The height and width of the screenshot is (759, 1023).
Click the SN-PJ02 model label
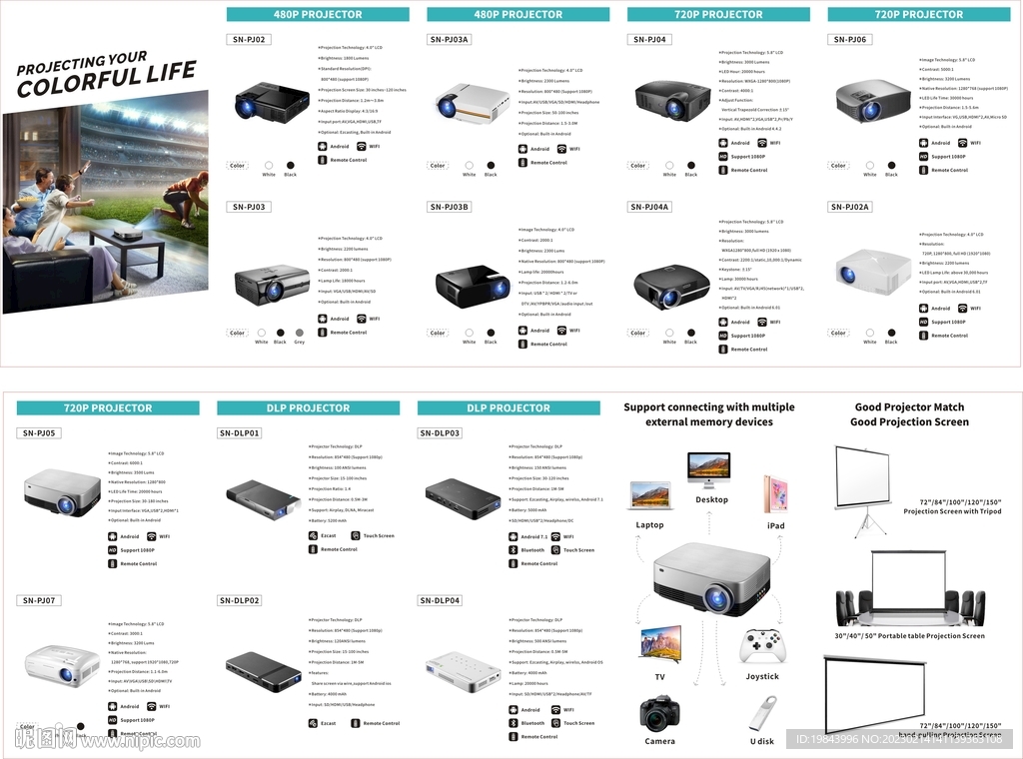click(250, 39)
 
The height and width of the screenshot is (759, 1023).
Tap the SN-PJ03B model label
click(450, 207)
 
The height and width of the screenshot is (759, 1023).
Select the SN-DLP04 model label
click(441, 600)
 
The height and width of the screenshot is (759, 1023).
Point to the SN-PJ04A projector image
click(671, 287)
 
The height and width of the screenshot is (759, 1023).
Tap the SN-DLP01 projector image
click(262, 493)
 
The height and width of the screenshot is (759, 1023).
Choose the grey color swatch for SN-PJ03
click(300, 332)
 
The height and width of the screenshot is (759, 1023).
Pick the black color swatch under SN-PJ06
click(891, 165)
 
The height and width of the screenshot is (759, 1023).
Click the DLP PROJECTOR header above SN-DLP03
click(508, 407)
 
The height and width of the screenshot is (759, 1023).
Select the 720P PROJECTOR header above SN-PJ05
click(108, 407)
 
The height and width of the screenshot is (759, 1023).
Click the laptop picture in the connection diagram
click(650, 497)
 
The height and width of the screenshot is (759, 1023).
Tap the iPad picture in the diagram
click(775, 494)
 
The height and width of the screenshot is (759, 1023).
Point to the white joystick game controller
click(762, 646)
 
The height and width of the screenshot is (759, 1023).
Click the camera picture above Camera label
click(659, 713)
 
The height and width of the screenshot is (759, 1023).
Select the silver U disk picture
click(762, 714)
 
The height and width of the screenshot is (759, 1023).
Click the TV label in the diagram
click(659, 677)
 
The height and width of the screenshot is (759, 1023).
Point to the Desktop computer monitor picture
click(708, 468)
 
